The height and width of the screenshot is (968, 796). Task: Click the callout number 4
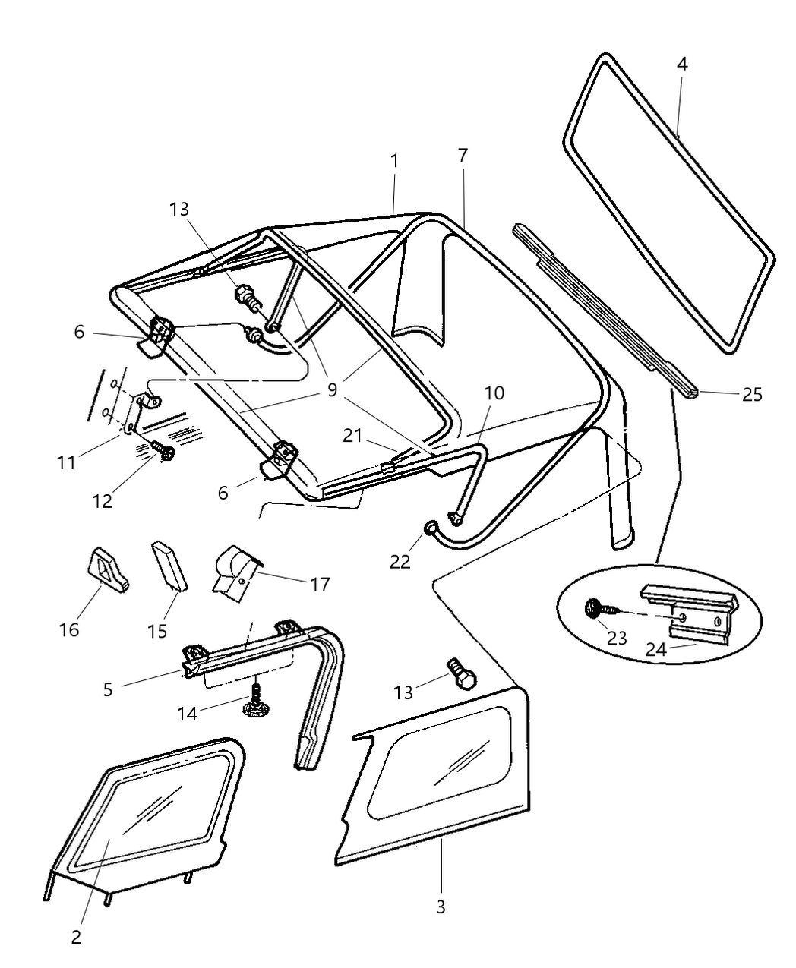click(682, 64)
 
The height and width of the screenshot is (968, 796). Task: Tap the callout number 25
click(752, 395)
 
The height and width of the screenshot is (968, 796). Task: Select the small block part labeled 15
click(169, 564)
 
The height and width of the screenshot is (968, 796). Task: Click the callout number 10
click(494, 393)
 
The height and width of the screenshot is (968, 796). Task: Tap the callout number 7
click(463, 156)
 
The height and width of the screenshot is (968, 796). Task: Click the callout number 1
click(394, 161)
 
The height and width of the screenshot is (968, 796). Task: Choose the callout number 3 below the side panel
click(441, 907)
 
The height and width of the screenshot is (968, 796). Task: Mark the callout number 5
click(108, 689)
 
